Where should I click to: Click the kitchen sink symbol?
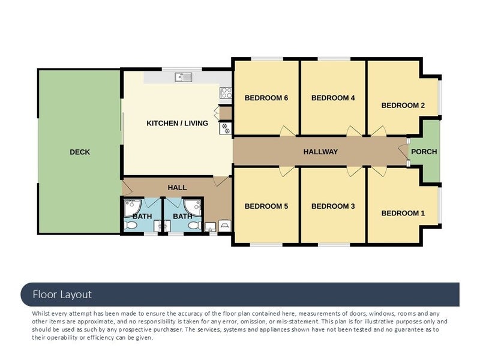(184, 77)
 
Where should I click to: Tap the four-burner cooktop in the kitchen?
(226, 93)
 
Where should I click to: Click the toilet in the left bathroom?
(130, 226)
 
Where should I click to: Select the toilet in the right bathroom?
(194, 226)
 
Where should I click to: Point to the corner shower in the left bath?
(132, 208)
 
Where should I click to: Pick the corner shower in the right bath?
(193, 208)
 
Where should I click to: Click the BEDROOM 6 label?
(266, 98)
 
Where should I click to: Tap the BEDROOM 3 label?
(333, 206)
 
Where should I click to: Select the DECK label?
(80, 152)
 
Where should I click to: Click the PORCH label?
(424, 152)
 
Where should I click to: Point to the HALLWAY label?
(320, 152)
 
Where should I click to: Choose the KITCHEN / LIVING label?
(177, 124)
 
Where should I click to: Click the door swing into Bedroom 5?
(286, 172)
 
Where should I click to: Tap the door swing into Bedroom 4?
(353, 131)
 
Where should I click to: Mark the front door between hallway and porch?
(403, 152)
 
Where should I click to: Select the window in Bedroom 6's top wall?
(267, 59)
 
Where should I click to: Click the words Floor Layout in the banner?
(62, 295)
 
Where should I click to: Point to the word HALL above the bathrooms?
(177, 188)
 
